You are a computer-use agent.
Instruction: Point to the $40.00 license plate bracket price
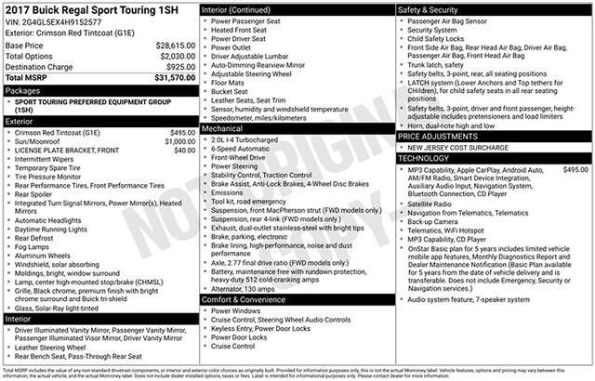coord(184,150)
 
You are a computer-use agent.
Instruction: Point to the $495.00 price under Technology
coord(575,170)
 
